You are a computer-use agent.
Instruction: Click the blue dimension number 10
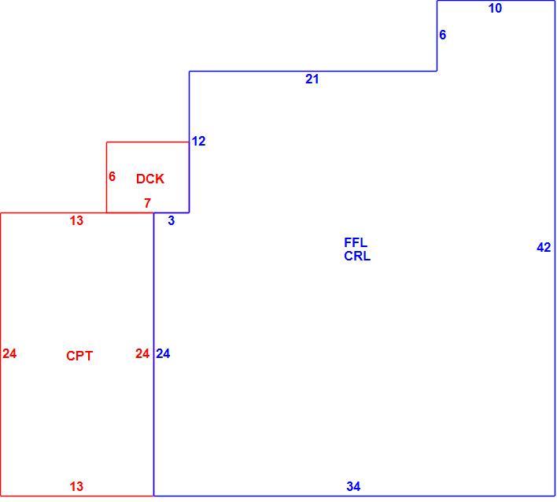pos(495,8)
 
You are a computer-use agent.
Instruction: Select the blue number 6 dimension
pos(443,35)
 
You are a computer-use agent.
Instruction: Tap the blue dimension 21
pos(312,79)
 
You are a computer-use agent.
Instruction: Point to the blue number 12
pos(198,142)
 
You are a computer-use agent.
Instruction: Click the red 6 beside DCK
pos(112,176)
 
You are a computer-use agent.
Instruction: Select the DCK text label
pos(150,179)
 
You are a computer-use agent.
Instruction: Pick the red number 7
pos(147,203)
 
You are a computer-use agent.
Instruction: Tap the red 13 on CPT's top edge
pos(76,220)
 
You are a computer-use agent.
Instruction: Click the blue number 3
pos(172,220)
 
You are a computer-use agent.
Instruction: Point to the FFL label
pos(356,242)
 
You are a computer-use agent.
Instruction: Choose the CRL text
pos(357,256)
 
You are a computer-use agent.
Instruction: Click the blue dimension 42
pos(544,247)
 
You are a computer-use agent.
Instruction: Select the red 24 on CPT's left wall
pos(9,354)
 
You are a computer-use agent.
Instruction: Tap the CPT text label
pos(79,356)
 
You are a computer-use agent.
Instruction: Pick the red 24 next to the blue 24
pos(142,354)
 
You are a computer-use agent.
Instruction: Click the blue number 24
pos(163,354)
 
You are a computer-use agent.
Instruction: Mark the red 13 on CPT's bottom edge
pos(76,486)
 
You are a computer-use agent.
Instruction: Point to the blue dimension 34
pos(353,486)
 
